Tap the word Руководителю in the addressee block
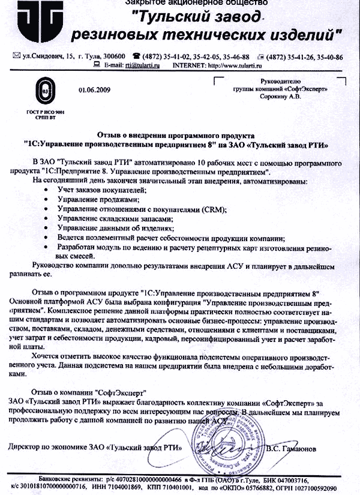(283, 80)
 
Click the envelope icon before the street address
(16, 56)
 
